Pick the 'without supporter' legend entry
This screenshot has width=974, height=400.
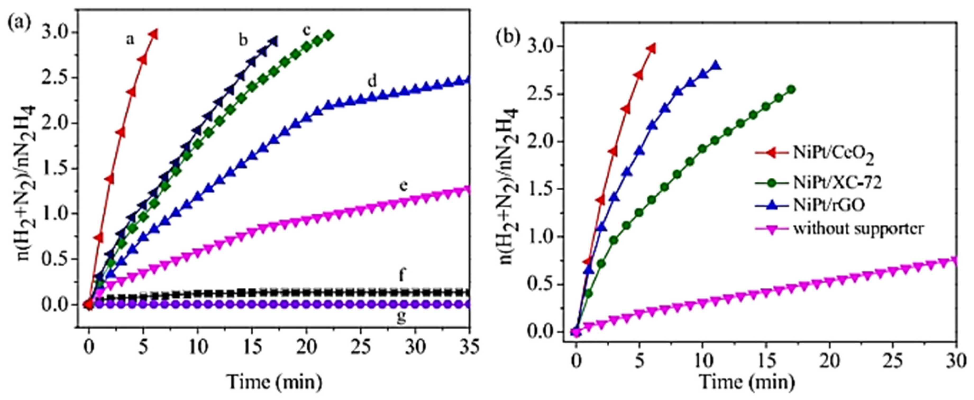(832, 228)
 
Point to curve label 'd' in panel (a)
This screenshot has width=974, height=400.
(372, 81)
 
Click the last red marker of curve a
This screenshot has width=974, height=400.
(153, 34)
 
